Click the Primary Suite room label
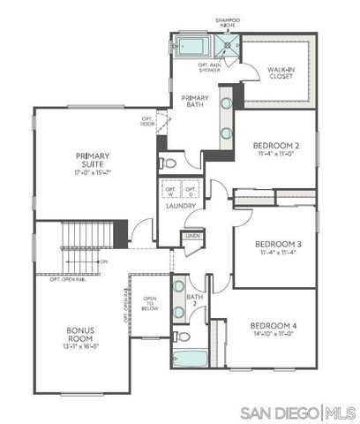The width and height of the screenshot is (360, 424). tap(91, 161)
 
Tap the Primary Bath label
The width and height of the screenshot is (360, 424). tap(194, 101)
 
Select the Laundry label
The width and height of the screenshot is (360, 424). tap(180, 207)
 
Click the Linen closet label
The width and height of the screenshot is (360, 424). tap(191, 236)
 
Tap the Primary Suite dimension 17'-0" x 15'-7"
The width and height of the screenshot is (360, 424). tap(91, 171)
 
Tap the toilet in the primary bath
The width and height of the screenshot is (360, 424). tap(169, 163)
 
